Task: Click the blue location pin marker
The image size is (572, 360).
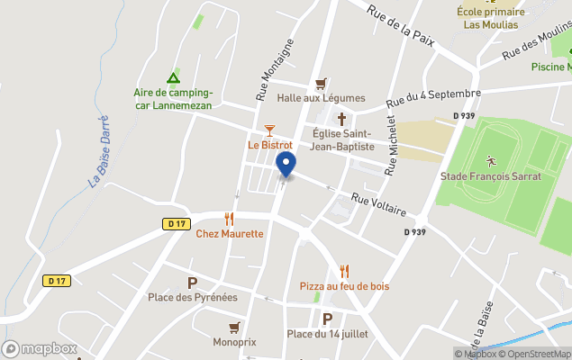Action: pyautogui.click(x=286, y=165)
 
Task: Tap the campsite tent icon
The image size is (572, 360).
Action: pyautogui.click(x=172, y=77)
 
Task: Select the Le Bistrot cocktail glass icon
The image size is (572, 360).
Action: pyautogui.click(x=269, y=130)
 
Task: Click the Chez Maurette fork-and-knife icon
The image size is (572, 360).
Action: pyautogui.click(x=230, y=218)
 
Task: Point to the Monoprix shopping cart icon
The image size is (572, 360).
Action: pyautogui.click(x=235, y=327)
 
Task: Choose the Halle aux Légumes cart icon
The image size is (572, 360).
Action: pyautogui.click(x=321, y=84)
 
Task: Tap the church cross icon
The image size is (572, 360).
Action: pyautogui.click(x=341, y=119)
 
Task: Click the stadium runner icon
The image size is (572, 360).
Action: pyautogui.click(x=491, y=162)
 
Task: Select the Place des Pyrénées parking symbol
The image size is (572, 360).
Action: pyautogui.click(x=192, y=283)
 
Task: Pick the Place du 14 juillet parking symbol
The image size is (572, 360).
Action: pyautogui.click(x=327, y=319)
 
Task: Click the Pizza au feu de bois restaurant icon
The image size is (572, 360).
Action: pyautogui.click(x=344, y=271)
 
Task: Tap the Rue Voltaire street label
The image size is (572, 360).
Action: pyautogui.click(x=379, y=203)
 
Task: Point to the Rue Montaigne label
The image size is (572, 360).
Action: pyautogui.click(x=275, y=68)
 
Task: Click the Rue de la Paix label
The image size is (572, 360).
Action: pyautogui.click(x=402, y=22)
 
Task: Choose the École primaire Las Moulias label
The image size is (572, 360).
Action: pyautogui.click(x=490, y=18)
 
